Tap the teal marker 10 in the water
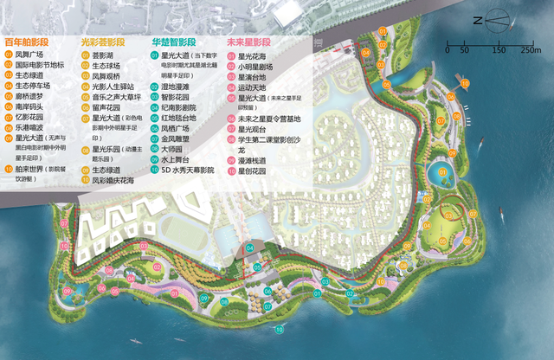pyautogui.click(x=279, y=330)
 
